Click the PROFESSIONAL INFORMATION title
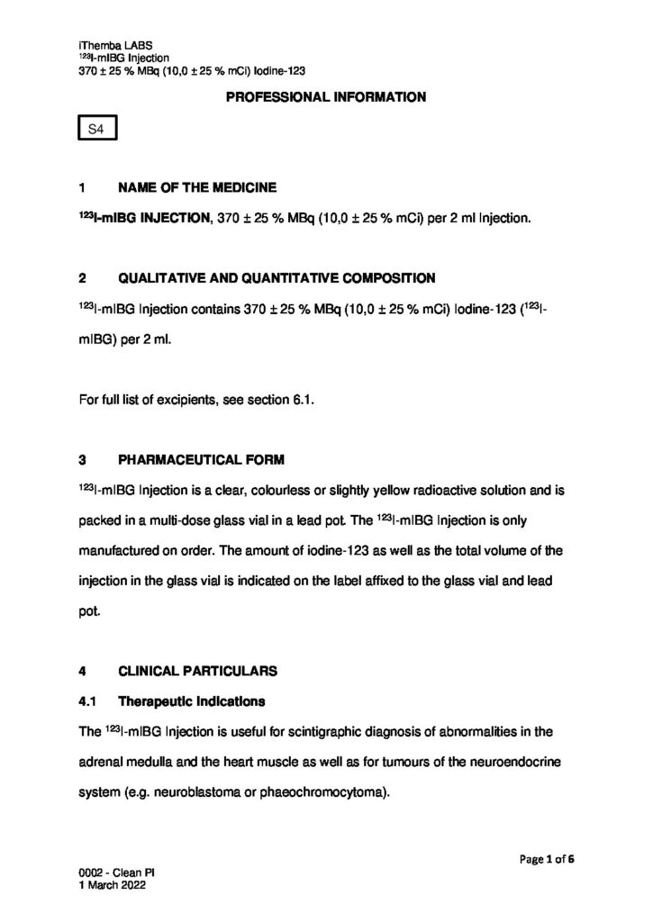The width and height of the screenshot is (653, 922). click(326, 96)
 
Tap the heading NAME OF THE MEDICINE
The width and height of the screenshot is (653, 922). click(197, 188)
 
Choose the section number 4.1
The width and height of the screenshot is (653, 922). click(89, 701)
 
